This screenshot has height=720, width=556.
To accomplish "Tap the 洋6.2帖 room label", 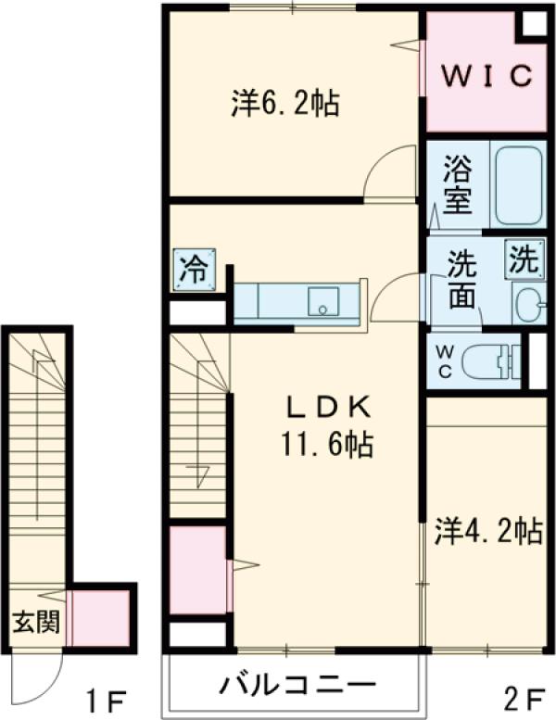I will (284, 102).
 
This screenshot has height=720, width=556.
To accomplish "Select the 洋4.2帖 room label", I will (488, 531).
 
